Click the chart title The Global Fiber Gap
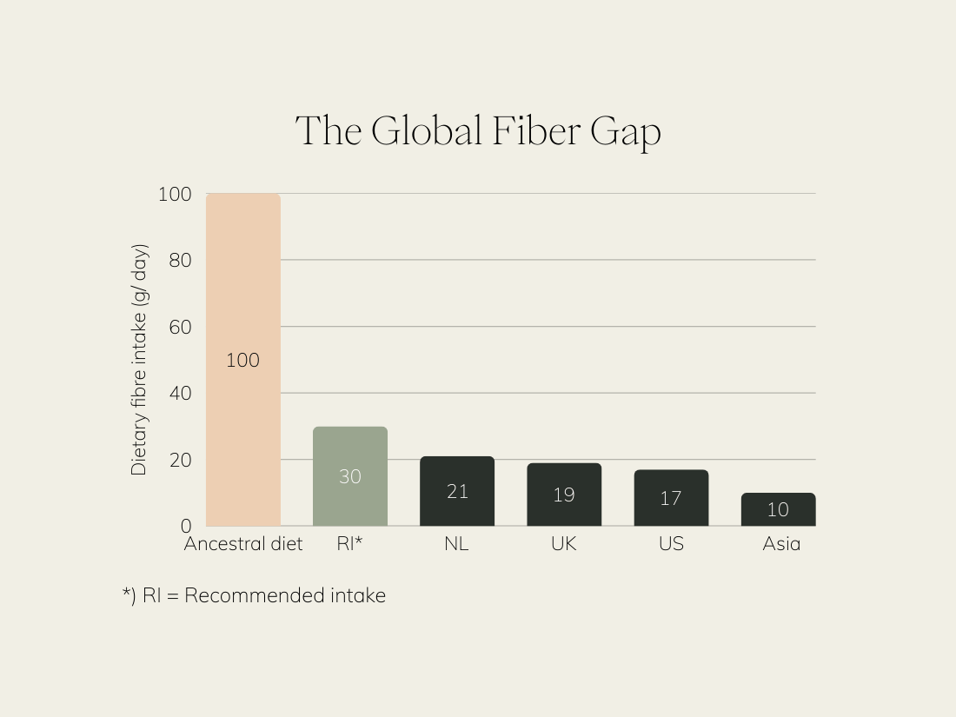click(478, 132)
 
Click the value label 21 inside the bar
click(457, 492)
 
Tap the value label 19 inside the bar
click(564, 495)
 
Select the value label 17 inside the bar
click(671, 498)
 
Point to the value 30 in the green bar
click(350, 477)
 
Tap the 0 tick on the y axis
click(185, 526)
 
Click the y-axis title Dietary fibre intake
click(139, 360)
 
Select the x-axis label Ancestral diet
click(243, 544)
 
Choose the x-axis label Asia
click(781, 544)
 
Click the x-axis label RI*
click(349, 544)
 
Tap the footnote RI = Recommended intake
click(254, 596)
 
